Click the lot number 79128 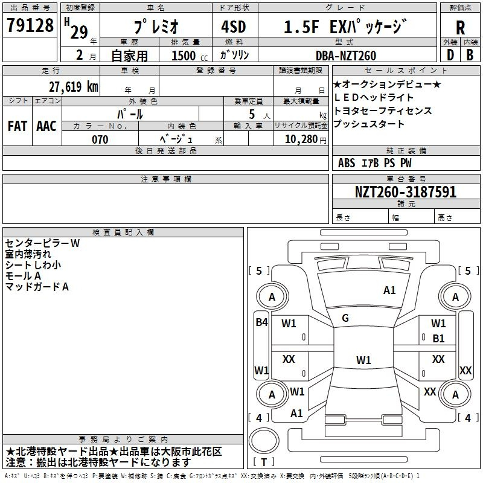pyautogui.click(x=30, y=25)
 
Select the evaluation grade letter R pyautogui.click(x=460, y=28)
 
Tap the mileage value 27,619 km pyautogui.click(x=73, y=86)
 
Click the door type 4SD pyautogui.click(x=234, y=27)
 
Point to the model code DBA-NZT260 pyautogui.click(x=346, y=56)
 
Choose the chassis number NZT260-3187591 pyautogui.click(x=406, y=191)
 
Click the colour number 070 pyautogui.click(x=100, y=139)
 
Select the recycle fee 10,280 pyautogui.click(x=301, y=139)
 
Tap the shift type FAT pyautogui.click(x=18, y=126)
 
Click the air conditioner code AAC pyautogui.click(x=46, y=126)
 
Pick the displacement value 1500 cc pyautogui.click(x=189, y=56)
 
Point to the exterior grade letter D pyautogui.click(x=450, y=55)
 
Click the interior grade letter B pyautogui.click(x=470, y=55)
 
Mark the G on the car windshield pyautogui.click(x=345, y=318)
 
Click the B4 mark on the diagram pyautogui.click(x=261, y=322)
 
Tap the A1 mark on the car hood pyautogui.click(x=389, y=290)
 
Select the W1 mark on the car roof pyautogui.click(x=363, y=360)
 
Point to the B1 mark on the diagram pyautogui.click(x=438, y=339)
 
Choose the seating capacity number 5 pyautogui.click(x=252, y=114)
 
